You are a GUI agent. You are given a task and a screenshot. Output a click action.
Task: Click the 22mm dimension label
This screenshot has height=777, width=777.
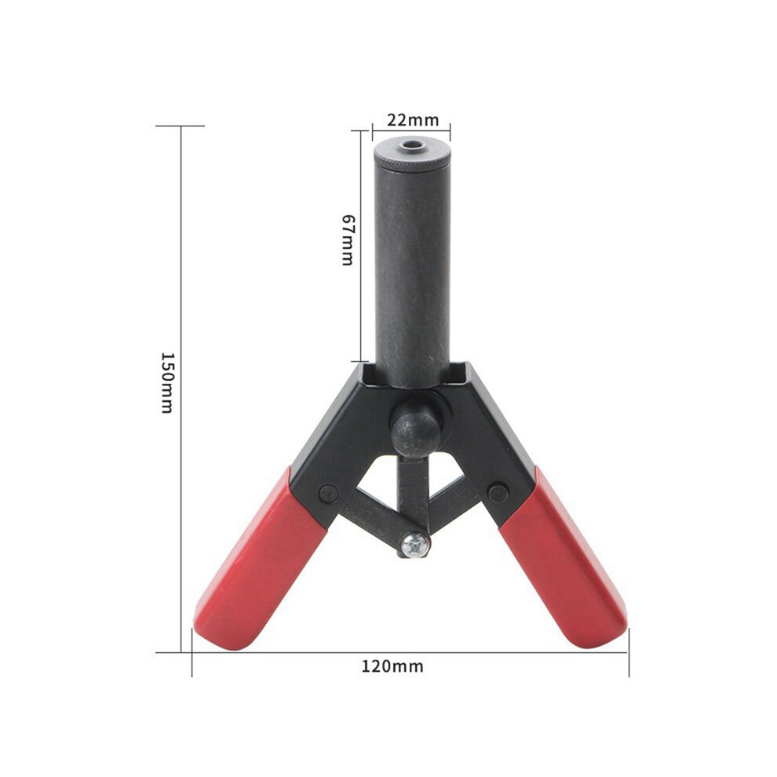413,120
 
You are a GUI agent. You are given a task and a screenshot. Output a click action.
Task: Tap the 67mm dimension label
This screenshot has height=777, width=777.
348,240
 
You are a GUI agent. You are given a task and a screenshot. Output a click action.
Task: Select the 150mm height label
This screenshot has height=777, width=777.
167,382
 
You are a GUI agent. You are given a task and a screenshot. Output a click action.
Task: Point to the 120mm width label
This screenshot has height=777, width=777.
392,666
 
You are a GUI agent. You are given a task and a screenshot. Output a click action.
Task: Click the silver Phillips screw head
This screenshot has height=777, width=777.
415,545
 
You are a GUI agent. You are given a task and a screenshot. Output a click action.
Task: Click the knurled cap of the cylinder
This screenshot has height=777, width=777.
411,155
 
